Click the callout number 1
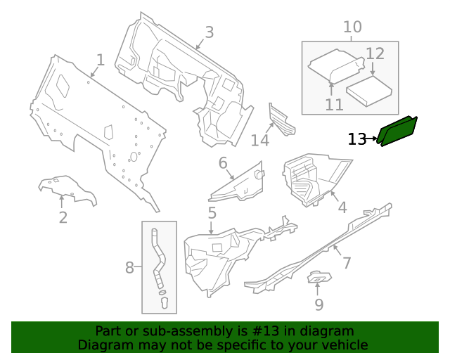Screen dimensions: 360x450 (x=100, y=60)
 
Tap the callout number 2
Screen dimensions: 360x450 (x=63, y=217)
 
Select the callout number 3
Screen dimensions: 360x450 (x=209, y=32)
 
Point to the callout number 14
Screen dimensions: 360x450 (x=260, y=141)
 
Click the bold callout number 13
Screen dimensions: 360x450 (x=357, y=139)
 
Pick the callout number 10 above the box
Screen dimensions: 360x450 (x=352, y=27)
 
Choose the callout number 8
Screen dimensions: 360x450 (x=129, y=267)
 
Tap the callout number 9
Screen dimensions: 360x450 (x=319, y=304)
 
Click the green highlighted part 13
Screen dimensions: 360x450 (x=398, y=131)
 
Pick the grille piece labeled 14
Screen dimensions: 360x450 (x=281, y=120)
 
